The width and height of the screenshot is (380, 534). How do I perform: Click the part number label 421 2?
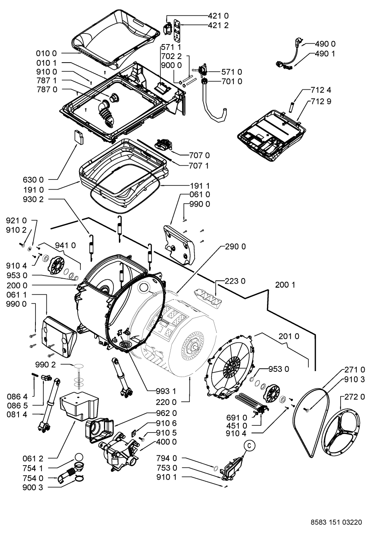pos(218,25)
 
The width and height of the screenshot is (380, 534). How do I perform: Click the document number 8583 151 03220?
pos(336,522)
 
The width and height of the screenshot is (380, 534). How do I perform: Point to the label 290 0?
pos(235,246)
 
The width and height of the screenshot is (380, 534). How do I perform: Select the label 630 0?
pos(33,179)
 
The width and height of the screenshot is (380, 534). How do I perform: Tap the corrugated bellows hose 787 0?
pos(107,112)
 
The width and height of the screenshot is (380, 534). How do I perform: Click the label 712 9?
pos(321,102)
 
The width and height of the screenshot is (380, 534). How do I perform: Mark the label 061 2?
pos(33,458)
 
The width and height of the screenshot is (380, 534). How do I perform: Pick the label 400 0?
pos(166,442)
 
